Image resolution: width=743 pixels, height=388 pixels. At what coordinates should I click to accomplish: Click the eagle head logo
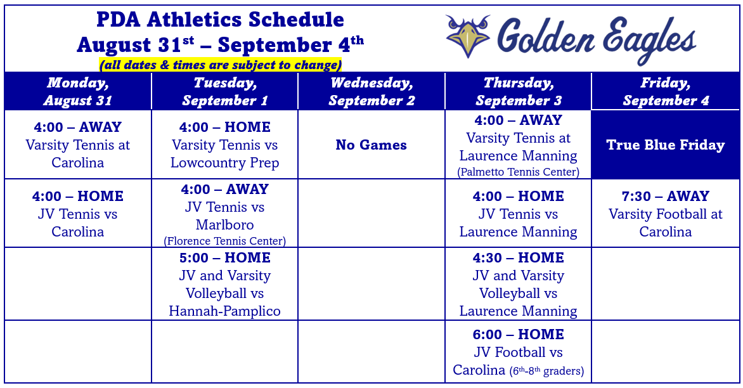click(468, 36)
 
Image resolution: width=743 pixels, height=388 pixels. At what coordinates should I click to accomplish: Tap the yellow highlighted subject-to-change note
click(221, 65)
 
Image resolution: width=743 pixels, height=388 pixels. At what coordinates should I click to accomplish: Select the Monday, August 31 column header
click(78, 91)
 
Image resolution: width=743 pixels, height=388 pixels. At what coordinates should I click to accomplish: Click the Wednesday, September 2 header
click(372, 91)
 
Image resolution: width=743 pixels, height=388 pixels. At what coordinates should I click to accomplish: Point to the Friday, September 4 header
click(665, 91)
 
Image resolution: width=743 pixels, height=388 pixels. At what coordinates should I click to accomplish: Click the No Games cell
click(372, 145)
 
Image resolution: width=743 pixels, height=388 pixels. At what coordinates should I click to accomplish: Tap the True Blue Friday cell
click(665, 145)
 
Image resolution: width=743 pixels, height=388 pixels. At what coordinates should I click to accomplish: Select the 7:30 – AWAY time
click(665, 196)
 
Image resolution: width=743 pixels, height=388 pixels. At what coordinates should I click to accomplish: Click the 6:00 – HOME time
click(519, 335)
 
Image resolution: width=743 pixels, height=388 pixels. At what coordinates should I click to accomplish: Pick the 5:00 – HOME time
click(224, 258)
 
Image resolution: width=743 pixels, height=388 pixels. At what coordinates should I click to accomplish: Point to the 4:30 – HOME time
click(519, 258)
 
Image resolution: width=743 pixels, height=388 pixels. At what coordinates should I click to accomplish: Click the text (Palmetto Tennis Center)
click(519, 172)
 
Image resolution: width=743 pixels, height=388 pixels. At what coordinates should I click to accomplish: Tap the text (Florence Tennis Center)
click(224, 241)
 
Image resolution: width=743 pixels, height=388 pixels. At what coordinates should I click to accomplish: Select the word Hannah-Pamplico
click(224, 311)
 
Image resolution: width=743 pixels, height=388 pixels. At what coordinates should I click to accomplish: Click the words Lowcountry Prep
click(224, 163)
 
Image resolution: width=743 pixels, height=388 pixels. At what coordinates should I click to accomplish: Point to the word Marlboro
click(224, 224)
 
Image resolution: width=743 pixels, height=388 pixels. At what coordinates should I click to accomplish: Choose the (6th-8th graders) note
click(547, 371)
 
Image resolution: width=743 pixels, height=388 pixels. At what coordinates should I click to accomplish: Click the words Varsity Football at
click(665, 214)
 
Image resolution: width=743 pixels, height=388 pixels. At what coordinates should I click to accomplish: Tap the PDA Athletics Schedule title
click(221, 20)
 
